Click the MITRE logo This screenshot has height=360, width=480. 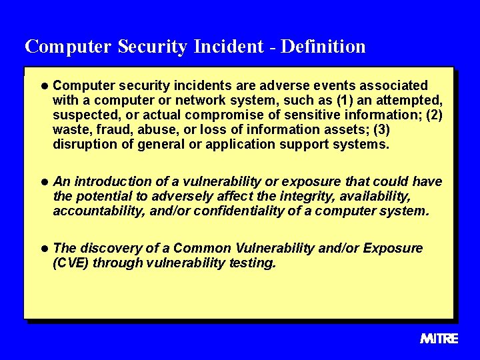pyautogui.click(x=439, y=338)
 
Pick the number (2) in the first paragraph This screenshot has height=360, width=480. pyautogui.click(x=433, y=115)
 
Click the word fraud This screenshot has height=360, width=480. pyautogui.click(x=105, y=129)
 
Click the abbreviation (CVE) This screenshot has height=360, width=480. pyautogui.click(x=71, y=263)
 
